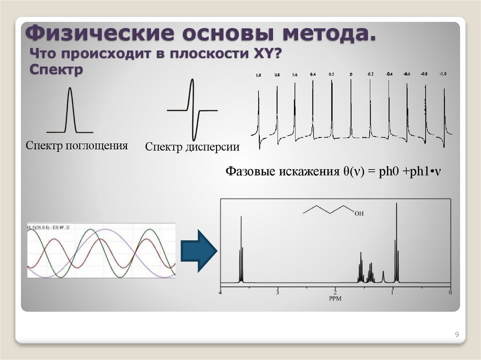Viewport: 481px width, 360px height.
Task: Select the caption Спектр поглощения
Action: pos(77,146)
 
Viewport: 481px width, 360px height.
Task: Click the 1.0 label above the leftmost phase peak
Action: pos(258,75)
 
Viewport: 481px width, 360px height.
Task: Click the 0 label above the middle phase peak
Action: pos(350,75)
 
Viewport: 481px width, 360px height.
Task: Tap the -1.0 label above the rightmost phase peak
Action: pos(443,74)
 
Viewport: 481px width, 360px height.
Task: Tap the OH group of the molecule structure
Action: pos(359,214)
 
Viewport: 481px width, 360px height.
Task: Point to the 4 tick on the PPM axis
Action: pos(220,293)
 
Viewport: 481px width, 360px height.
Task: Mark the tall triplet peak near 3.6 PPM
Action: pos(241,249)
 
